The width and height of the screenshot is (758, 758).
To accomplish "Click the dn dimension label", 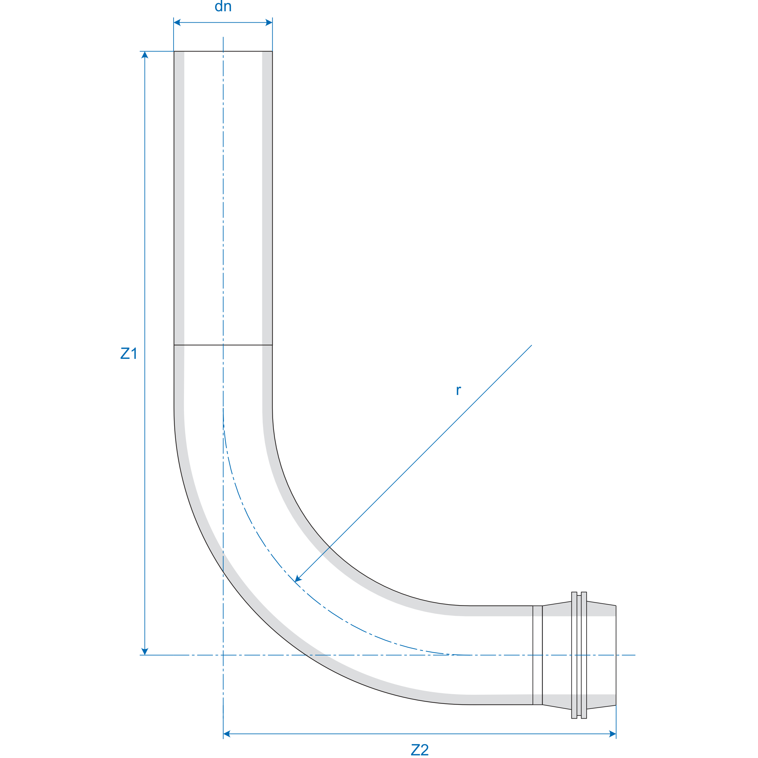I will tap(223, 6).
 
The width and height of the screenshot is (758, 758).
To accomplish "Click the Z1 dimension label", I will tap(128, 353).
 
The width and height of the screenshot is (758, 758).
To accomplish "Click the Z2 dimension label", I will tap(419, 750).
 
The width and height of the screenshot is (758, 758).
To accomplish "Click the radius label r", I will tap(458, 391).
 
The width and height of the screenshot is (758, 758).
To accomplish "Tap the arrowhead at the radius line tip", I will tap(298, 579).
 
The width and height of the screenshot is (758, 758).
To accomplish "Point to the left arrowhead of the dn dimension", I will tap(177, 23).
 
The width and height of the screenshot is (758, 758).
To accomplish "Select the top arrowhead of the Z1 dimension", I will tap(145, 55).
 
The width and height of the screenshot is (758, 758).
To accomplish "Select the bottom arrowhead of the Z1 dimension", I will tap(145, 651).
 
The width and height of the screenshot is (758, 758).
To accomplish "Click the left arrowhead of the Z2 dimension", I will tap(227, 734).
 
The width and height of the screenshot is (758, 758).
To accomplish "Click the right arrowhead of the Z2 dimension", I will tap(612, 734).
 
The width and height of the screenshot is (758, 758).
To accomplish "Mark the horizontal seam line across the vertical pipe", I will tap(223, 345).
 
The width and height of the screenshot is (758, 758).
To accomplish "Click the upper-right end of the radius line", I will tap(531, 345).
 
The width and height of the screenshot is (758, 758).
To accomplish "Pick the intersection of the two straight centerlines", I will tap(223, 655).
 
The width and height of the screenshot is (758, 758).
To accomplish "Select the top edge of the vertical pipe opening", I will tap(223, 51).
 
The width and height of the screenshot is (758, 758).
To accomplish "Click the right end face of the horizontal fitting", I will tap(616, 655).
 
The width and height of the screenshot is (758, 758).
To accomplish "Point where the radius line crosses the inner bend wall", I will tap(330, 547).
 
